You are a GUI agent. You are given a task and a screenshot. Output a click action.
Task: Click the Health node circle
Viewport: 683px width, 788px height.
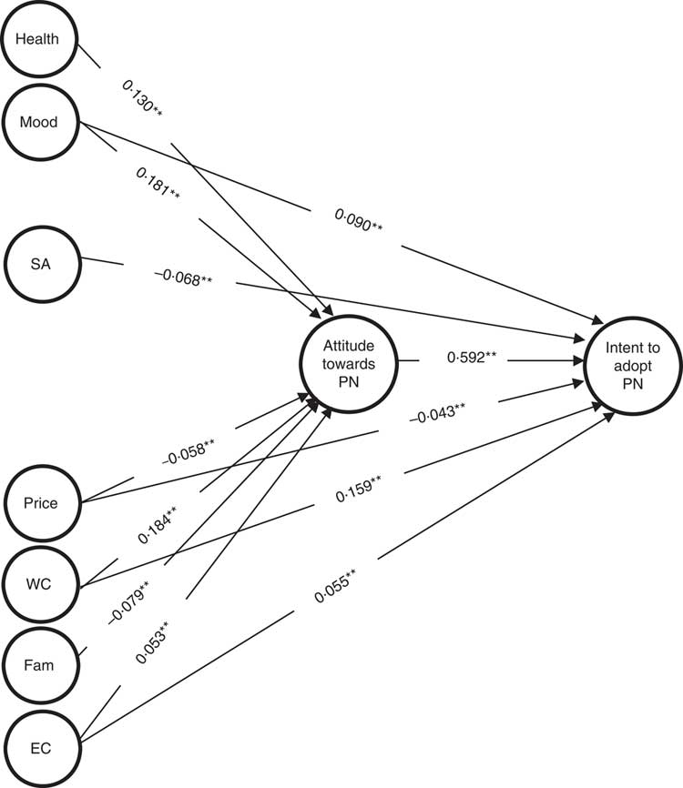point(40,41)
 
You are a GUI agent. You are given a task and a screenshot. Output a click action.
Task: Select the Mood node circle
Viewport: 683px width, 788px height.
point(40,123)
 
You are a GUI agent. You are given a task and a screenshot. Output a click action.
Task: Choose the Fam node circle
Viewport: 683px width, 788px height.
point(40,665)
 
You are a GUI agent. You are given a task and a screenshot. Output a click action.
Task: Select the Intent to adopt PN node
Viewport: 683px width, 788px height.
point(627,360)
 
